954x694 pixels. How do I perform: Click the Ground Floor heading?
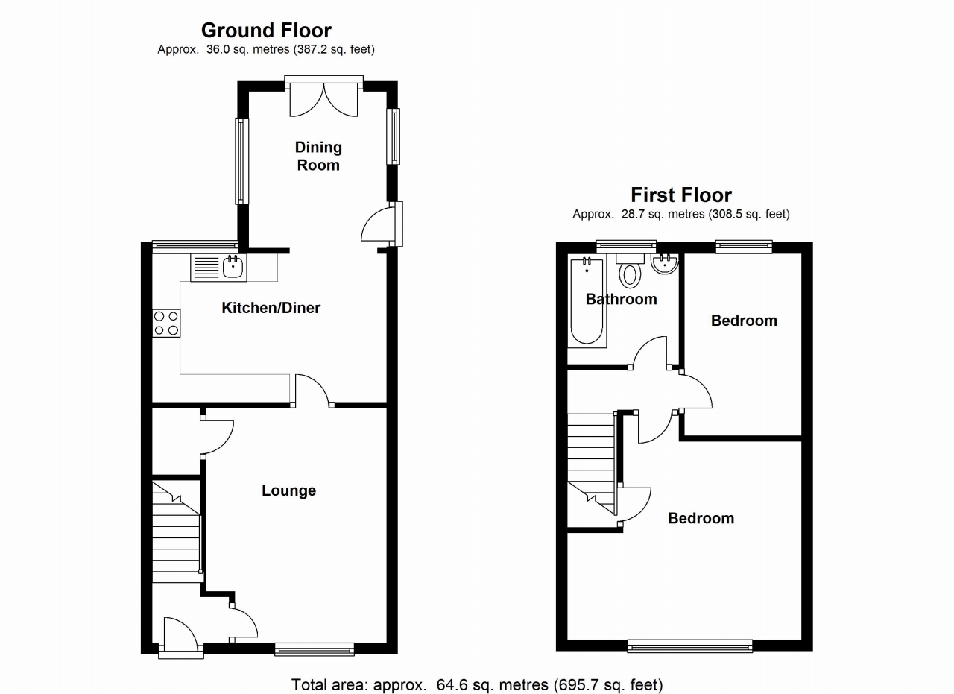[266, 30]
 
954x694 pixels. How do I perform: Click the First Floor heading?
[681, 195]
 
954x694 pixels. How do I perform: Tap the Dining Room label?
[318, 156]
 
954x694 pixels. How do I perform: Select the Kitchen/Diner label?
[271, 308]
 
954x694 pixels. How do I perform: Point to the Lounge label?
[288, 490]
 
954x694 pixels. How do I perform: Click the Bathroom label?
[621, 300]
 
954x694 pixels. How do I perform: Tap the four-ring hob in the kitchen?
[166, 323]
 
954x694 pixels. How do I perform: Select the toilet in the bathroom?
[631, 272]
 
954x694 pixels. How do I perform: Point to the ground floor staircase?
[177, 533]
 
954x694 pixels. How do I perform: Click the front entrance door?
[180, 636]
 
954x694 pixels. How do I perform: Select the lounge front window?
[314, 649]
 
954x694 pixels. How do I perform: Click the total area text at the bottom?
[476, 684]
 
